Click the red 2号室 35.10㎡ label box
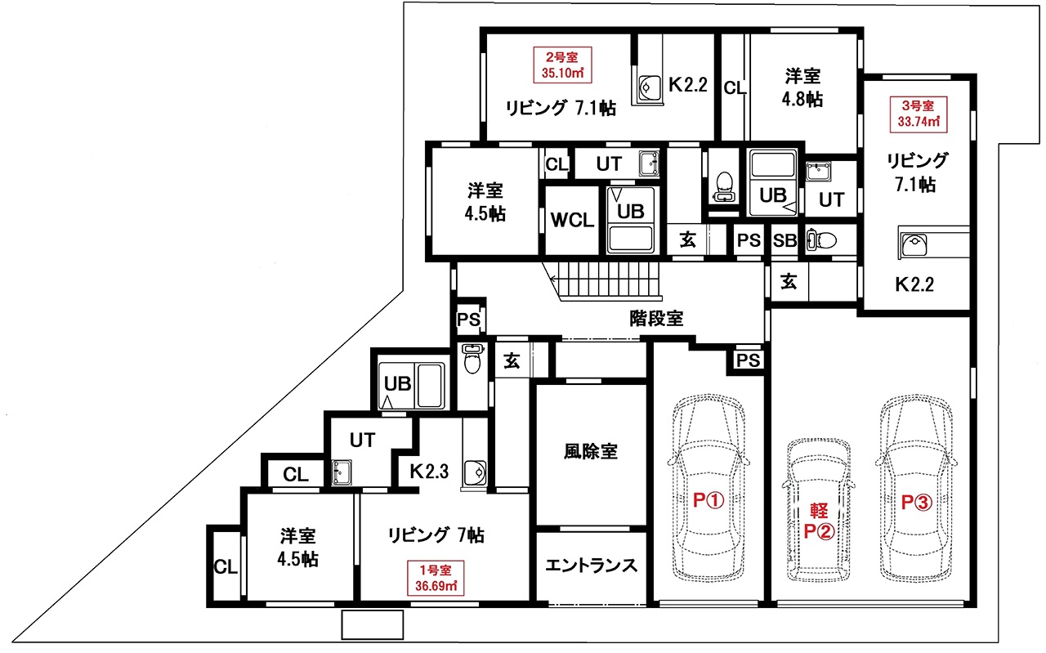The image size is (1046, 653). click(562, 65)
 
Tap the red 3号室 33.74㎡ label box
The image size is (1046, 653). click(918, 114)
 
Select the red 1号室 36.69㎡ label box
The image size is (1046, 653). click(436, 578)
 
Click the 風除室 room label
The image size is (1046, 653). click(591, 452)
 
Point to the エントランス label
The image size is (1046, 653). click(591, 566)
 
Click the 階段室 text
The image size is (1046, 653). click(656, 319)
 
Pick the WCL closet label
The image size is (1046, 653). click(572, 220)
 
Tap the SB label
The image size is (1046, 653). click(784, 240)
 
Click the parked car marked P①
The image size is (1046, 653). click(708, 488)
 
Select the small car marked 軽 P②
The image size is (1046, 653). click(818, 510)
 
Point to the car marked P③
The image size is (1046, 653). click(916, 488)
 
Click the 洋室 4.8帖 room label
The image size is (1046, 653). click(802, 87)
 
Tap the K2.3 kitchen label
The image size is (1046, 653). click(429, 472)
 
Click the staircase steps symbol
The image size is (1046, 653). click(605, 280)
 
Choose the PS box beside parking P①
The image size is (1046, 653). click(748, 360)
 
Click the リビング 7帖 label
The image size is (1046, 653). click(436, 534)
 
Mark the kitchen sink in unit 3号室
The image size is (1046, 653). click(914, 244)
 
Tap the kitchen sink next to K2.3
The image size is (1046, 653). click(476, 472)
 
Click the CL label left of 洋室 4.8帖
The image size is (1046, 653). click(735, 87)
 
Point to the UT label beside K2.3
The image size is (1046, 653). click(362, 440)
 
